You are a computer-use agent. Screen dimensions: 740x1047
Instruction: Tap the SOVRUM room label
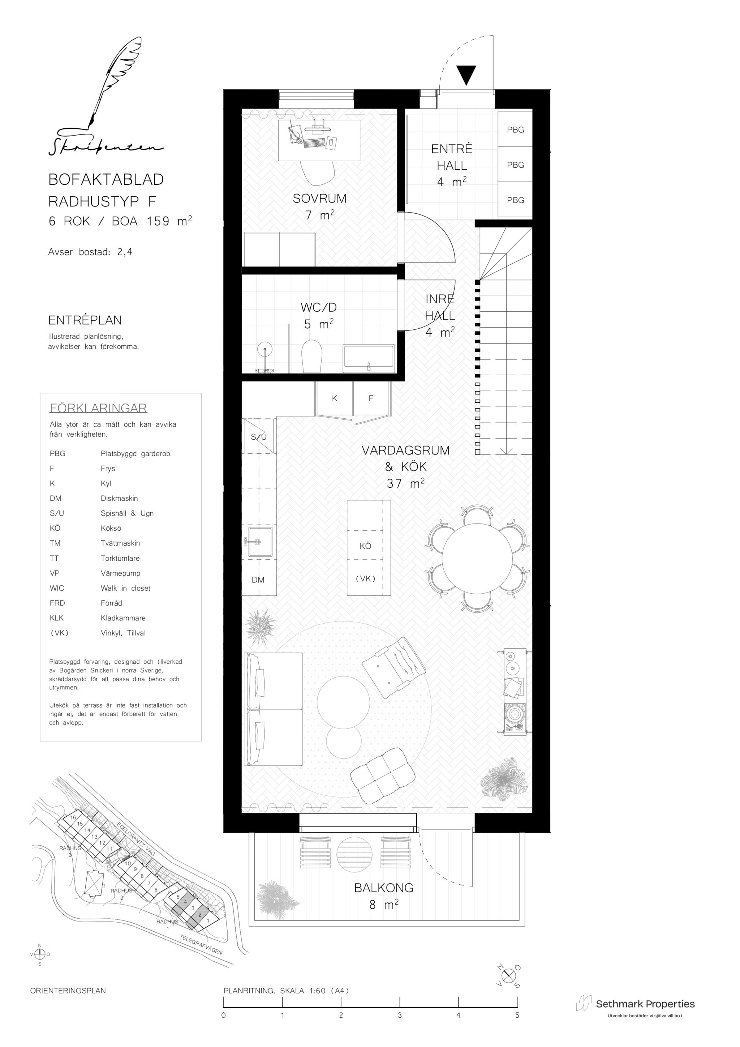[319, 198]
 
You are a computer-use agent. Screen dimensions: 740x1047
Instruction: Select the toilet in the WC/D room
[312, 356]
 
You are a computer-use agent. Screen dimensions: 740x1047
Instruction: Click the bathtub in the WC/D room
[369, 356]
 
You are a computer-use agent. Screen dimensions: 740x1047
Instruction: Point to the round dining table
[477, 558]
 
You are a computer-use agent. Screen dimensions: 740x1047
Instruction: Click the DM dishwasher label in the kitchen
[258, 580]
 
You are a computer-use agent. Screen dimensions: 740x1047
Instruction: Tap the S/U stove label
[259, 437]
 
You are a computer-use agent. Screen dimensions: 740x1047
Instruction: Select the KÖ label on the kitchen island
[365, 546]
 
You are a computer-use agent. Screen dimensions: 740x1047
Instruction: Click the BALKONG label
[384, 888]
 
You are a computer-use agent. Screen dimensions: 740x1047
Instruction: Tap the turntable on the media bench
[515, 716]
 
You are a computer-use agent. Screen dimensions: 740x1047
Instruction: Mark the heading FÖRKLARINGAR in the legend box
[98, 408]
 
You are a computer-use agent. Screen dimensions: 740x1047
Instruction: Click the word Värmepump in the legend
[120, 573]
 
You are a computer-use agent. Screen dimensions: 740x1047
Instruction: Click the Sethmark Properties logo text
[645, 1004]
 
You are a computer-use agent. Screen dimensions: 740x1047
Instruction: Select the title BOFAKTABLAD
[106, 179]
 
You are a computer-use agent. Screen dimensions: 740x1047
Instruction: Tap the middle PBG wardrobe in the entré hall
[515, 164]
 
